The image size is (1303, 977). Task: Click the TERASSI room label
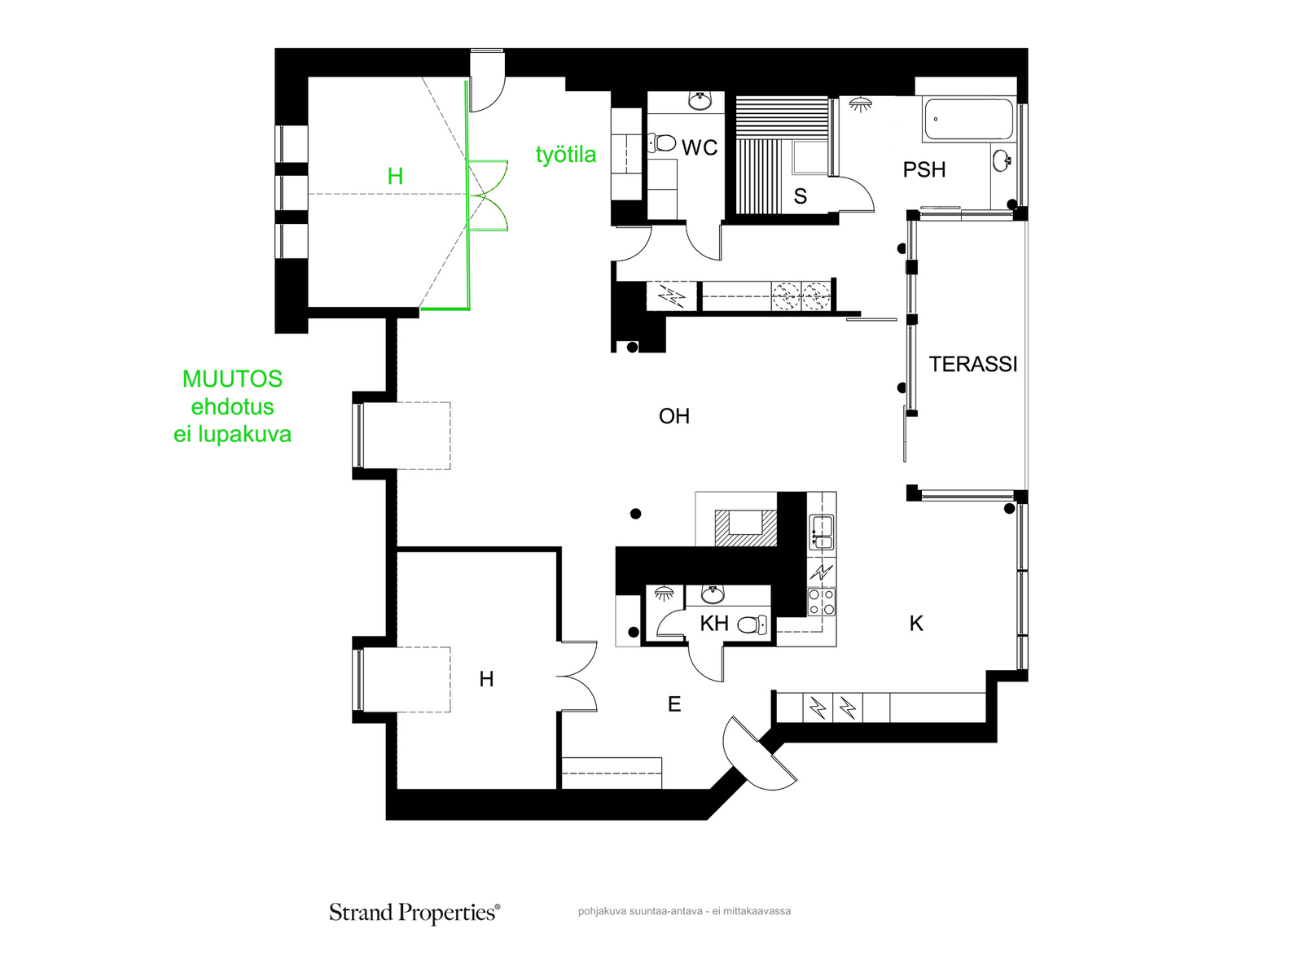tap(972, 364)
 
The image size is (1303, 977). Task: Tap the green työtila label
tap(566, 155)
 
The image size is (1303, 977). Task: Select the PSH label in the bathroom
tap(924, 169)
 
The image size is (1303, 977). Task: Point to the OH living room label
tap(673, 416)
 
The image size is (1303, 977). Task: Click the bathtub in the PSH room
tap(969, 120)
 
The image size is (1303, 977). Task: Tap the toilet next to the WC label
tap(662, 143)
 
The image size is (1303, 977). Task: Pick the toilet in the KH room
tap(752, 624)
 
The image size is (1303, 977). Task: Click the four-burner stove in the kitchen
tap(822, 602)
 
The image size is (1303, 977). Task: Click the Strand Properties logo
tap(415, 913)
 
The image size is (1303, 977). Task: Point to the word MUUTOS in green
tap(232, 379)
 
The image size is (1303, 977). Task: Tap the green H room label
tap(395, 176)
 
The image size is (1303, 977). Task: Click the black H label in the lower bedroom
tap(486, 679)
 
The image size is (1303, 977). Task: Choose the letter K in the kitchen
tap(916, 624)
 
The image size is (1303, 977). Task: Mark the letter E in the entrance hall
tap(673, 704)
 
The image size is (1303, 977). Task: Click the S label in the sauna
tap(800, 195)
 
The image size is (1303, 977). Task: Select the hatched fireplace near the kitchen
tap(745, 528)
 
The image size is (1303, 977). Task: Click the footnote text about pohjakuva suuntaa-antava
tap(684, 911)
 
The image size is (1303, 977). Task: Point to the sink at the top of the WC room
tap(700, 100)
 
